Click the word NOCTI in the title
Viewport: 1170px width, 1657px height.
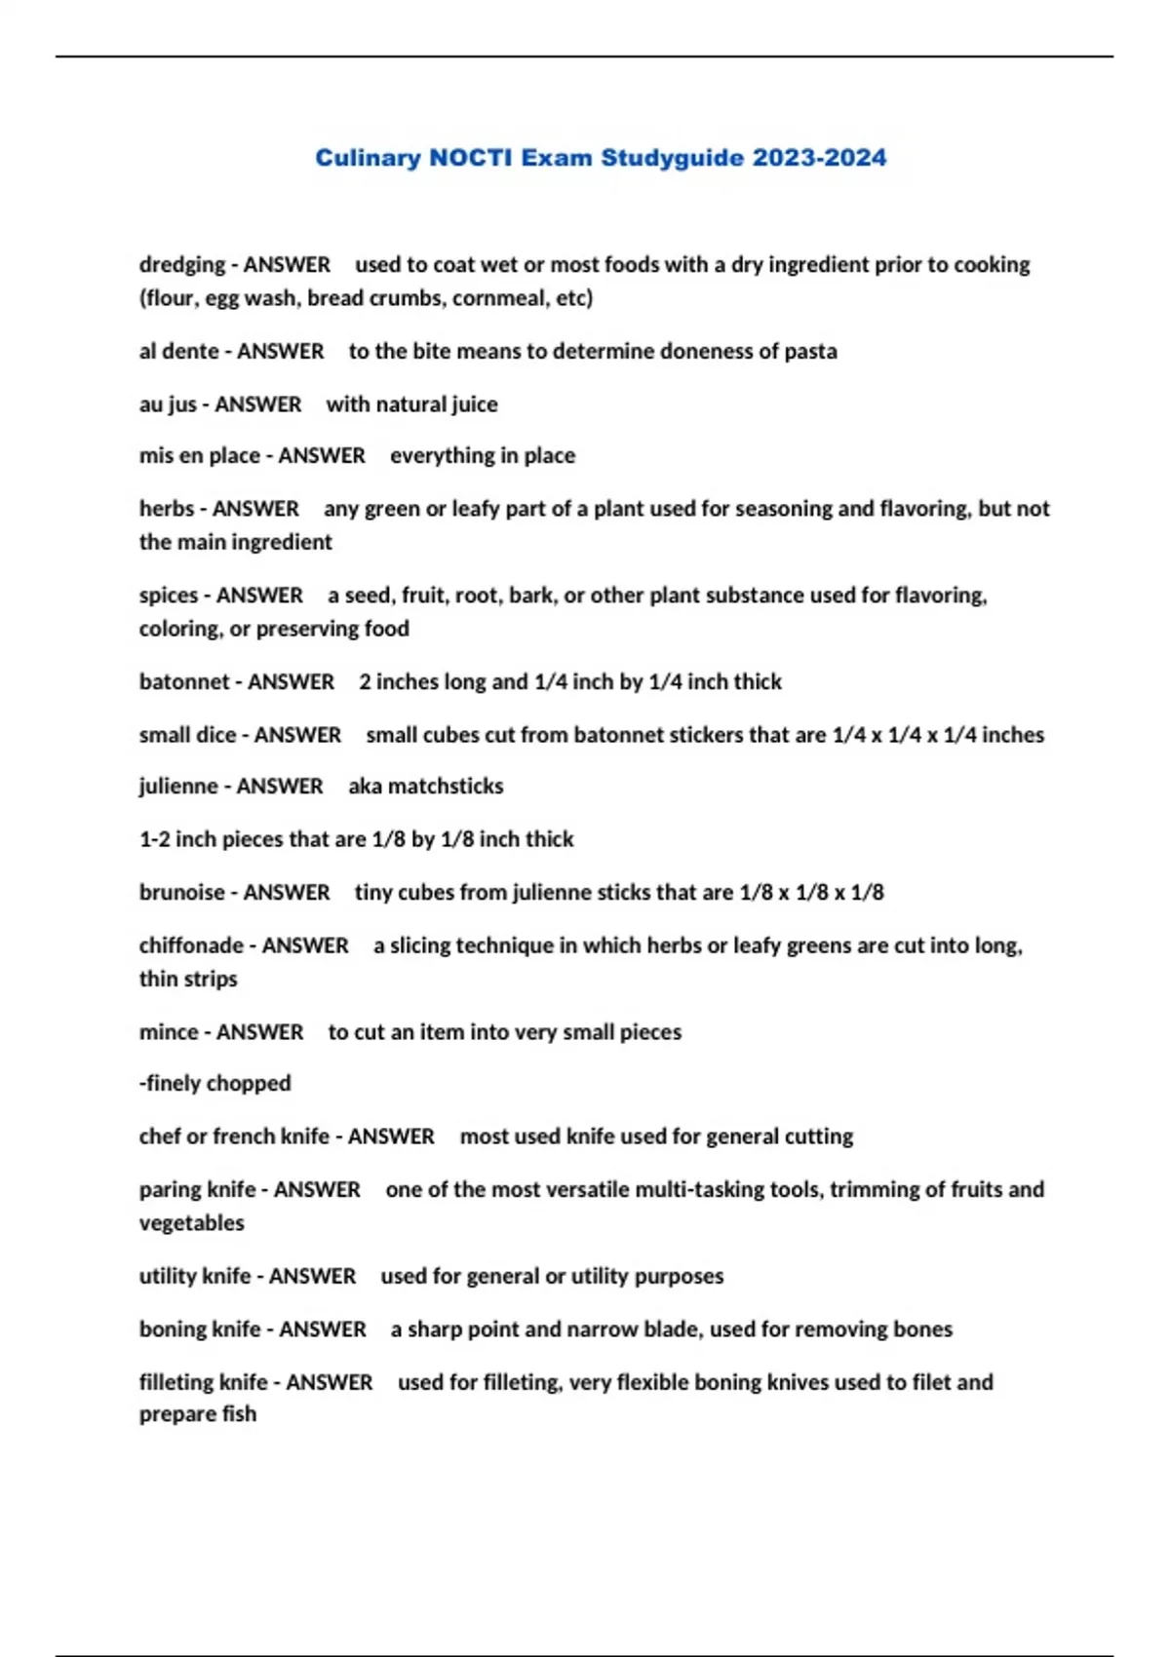(x=470, y=158)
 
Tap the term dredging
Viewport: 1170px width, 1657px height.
(x=182, y=265)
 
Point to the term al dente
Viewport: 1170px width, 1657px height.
(x=178, y=352)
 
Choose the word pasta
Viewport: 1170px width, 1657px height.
(x=810, y=352)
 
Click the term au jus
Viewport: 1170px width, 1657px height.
(x=168, y=405)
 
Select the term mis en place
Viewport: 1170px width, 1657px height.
(x=199, y=456)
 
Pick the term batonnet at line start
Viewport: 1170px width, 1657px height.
(x=184, y=682)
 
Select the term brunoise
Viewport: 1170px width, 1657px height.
(x=181, y=893)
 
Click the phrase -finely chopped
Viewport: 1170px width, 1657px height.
(x=214, y=1083)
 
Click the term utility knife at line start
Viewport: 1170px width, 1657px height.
(x=194, y=1277)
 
